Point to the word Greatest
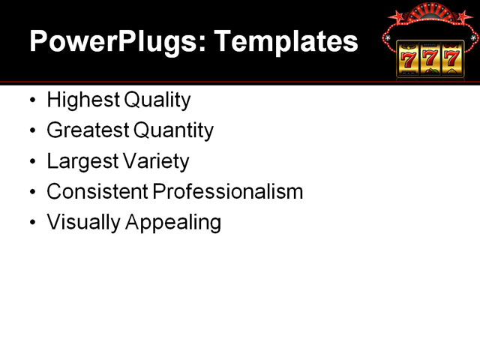tap(87, 130)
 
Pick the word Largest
tap(80, 161)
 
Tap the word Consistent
tap(97, 192)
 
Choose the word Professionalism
tap(228, 192)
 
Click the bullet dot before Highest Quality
tap(31, 100)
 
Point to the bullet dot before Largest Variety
tap(31, 162)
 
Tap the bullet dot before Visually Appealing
tap(31, 223)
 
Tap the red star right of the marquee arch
tap(463, 16)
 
